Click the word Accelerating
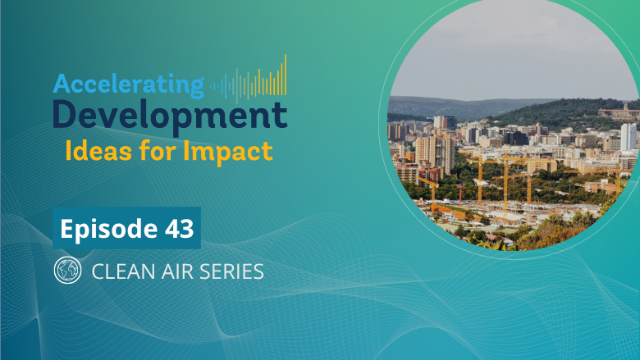[128, 85]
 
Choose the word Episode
[108, 229]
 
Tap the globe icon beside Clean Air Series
[67, 270]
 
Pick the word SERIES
[232, 271]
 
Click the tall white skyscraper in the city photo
[629, 137]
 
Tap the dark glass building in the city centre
[516, 139]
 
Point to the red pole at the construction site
[460, 194]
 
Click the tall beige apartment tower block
[435, 153]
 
